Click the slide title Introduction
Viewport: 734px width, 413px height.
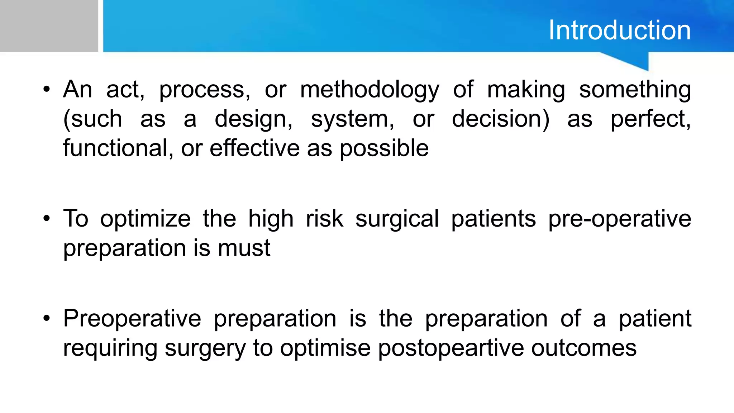pos(619,30)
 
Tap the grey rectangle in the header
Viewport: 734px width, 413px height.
pos(49,26)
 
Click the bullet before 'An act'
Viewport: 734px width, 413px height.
pos(46,89)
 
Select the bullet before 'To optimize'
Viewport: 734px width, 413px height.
pos(46,218)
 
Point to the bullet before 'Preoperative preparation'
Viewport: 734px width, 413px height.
pos(46,318)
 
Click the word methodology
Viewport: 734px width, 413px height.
pos(369,90)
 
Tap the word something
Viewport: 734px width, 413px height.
pos(635,90)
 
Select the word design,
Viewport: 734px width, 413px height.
pos(253,119)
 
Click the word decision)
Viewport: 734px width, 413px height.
pos(500,119)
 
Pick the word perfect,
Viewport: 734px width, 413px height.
pos(650,119)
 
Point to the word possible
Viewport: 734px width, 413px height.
pos(384,148)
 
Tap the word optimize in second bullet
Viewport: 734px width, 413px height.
pos(145,219)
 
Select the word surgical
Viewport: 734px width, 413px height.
pos(397,219)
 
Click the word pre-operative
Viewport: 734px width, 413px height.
pos(619,219)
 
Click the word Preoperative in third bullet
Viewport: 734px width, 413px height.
pos(132,318)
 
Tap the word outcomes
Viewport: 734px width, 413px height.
pos(583,348)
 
